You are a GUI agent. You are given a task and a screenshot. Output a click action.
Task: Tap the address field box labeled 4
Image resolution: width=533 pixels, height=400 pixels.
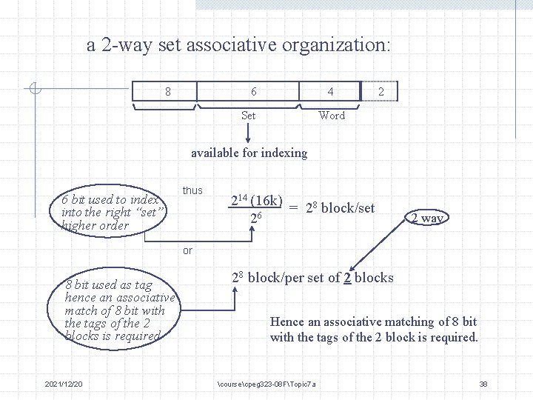[x=330, y=92]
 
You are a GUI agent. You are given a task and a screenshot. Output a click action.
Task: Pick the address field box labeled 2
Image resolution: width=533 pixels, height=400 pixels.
[x=381, y=92]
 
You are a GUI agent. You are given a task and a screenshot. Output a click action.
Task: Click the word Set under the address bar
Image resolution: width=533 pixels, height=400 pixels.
[x=249, y=116]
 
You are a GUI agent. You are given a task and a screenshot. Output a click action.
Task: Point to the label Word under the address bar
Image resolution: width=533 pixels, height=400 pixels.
[x=332, y=116]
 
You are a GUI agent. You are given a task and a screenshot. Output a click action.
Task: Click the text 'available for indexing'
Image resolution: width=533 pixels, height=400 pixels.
[x=249, y=153]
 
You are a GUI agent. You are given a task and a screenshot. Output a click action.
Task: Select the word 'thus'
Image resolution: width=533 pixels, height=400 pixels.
[x=192, y=190]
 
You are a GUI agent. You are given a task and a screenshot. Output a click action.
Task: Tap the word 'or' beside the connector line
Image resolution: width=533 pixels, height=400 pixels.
[x=187, y=250]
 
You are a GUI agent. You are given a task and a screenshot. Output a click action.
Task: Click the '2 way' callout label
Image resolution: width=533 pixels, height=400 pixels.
[x=427, y=218]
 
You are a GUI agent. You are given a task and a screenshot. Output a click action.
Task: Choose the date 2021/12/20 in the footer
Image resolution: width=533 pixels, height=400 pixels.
[x=64, y=384]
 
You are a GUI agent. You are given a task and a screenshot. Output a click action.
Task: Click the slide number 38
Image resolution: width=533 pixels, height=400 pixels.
[x=483, y=384]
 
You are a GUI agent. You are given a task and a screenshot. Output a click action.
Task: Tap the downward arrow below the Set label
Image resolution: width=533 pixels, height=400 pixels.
[x=249, y=133]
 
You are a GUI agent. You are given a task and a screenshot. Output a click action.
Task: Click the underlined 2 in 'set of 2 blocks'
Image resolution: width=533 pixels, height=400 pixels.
[x=346, y=279]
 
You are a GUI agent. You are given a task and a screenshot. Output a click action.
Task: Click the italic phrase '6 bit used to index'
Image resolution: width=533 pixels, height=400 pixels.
[x=110, y=199]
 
